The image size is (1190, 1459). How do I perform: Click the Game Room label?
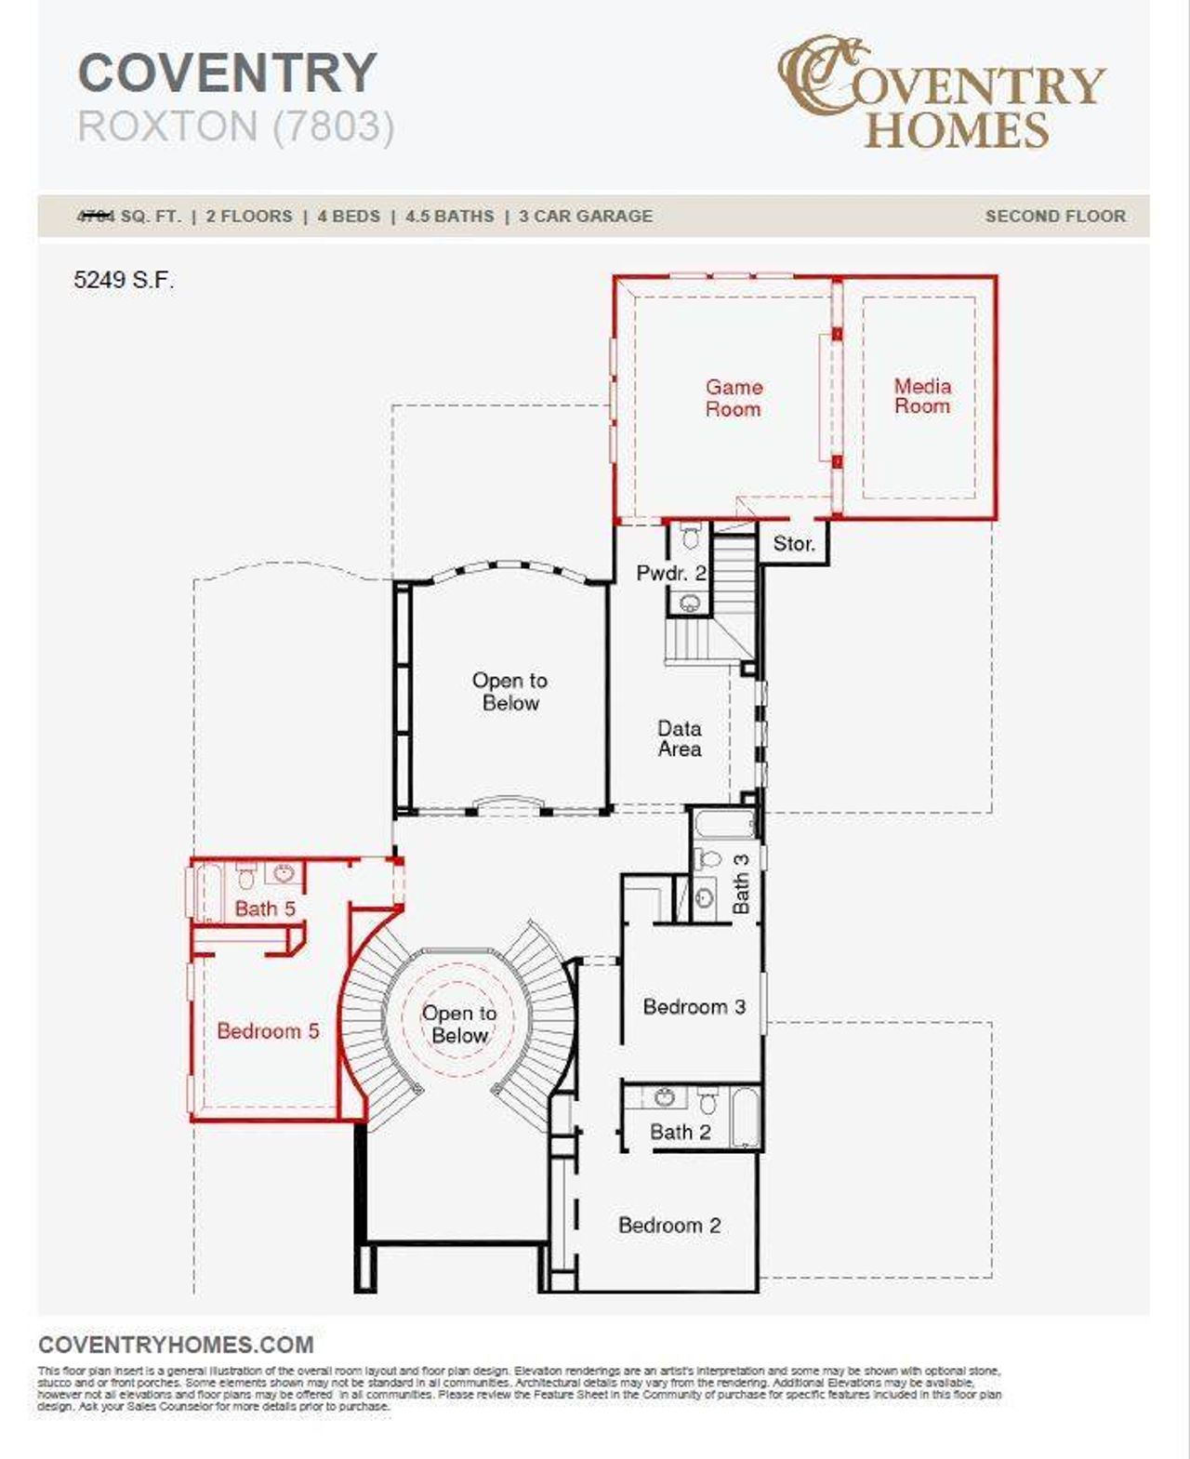(x=733, y=398)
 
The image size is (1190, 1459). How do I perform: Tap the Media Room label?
(x=922, y=396)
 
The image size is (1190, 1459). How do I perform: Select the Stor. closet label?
(x=793, y=544)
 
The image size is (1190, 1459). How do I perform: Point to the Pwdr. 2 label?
(x=669, y=574)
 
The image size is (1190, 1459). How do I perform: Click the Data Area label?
(x=680, y=739)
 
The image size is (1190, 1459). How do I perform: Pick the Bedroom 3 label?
(x=694, y=1007)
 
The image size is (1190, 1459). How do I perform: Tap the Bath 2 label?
(x=680, y=1133)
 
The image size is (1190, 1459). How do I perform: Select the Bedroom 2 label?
(x=669, y=1226)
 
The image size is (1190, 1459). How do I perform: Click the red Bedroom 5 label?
(x=268, y=1031)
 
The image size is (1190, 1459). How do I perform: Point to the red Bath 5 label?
(x=265, y=909)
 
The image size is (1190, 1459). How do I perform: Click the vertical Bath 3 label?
(x=741, y=884)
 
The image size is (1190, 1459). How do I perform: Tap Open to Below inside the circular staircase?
(x=459, y=1025)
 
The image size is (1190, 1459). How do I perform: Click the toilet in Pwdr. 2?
(x=690, y=537)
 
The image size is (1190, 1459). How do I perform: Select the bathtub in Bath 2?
(x=746, y=1117)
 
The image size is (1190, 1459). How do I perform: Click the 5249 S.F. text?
(x=124, y=280)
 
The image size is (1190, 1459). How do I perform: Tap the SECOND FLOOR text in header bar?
(x=1055, y=217)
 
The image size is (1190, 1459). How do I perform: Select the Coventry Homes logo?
(x=941, y=93)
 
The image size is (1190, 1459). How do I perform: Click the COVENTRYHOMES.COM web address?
(x=176, y=1345)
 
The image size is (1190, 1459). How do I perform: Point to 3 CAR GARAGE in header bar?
(x=586, y=217)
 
